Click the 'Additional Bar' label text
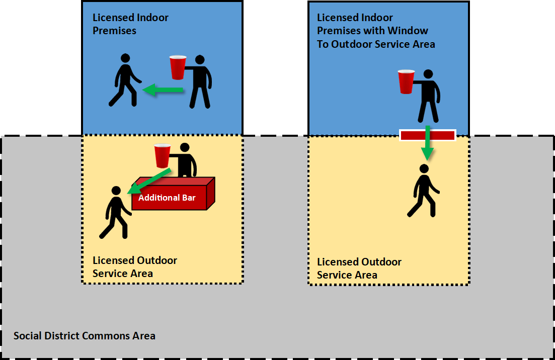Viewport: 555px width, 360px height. click(x=167, y=198)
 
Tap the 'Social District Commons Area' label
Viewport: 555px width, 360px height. click(x=84, y=335)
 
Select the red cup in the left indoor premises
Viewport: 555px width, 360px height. click(x=178, y=67)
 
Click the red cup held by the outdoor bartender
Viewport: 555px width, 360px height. click(x=163, y=155)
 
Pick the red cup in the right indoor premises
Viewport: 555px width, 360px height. click(x=406, y=81)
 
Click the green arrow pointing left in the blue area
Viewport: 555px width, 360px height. click(x=163, y=90)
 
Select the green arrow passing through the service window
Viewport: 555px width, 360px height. click(x=427, y=142)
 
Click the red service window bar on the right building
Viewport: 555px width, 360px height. click(x=428, y=135)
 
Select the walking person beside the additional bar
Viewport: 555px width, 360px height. click(x=116, y=213)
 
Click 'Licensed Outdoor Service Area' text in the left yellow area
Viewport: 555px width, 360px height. click(x=134, y=266)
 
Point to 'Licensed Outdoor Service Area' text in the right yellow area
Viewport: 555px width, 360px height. click(x=359, y=268)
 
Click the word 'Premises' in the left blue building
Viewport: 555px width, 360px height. click(x=114, y=31)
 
